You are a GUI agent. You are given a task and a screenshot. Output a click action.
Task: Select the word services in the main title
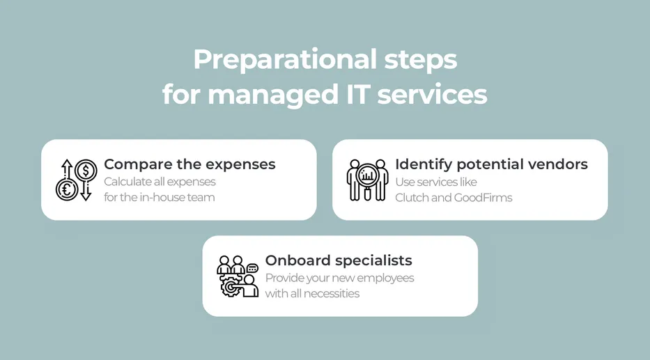pyautogui.click(x=432, y=95)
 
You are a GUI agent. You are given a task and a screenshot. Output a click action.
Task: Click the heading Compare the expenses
pyautogui.click(x=189, y=164)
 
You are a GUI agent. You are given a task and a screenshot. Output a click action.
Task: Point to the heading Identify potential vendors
pyautogui.click(x=491, y=164)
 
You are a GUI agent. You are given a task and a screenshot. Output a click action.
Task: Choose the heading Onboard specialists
pyautogui.click(x=339, y=260)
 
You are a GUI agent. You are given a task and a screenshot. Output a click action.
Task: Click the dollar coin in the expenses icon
pyautogui.click(x=86, y=170)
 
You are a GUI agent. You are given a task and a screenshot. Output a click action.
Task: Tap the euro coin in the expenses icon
pyautogui.click(x=67, y=189)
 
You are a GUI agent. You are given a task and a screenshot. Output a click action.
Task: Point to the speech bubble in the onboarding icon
pyautogui.click(x=252, y=268)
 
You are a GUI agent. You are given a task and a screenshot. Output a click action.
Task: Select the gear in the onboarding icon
pyautogui.click(x=231, y=286)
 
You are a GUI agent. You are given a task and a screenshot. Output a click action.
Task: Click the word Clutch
pyautogui.click(x=413, y=198)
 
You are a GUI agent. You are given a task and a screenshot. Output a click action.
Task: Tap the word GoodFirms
pyautogui.click(x=483, y=198)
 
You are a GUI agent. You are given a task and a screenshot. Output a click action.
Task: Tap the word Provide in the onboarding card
pyautogui.click(x=284, y=279)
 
